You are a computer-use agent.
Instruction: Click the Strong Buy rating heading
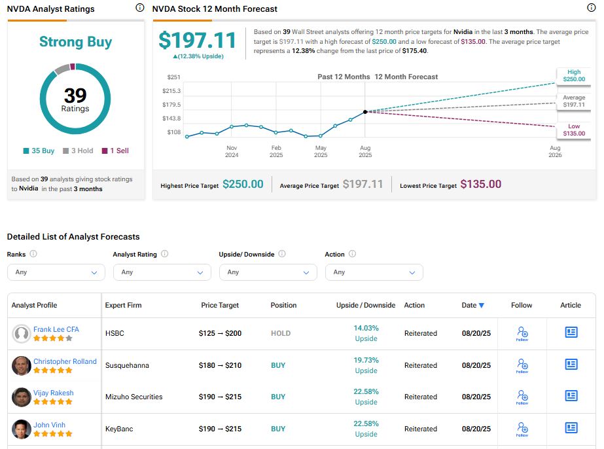(75, 42)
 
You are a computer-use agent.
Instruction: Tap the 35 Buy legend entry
(39, 151)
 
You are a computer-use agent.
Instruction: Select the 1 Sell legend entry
(115, 151)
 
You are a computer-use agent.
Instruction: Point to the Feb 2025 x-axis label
(276, 151)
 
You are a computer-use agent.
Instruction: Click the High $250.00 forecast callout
(573, 76)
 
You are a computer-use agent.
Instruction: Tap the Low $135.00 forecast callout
(573, 130)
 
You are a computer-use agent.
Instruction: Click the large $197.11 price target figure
(197, 41)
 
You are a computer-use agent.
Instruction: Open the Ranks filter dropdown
(56, 272)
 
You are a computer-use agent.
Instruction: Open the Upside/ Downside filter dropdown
(268, 272)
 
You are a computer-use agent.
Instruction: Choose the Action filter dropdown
(374, 272)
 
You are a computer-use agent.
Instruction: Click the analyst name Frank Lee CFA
(56, 329)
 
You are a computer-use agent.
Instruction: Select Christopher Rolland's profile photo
(22, 365)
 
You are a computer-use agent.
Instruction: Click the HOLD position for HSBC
(281, 333)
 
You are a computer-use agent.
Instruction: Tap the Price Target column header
(220, 305)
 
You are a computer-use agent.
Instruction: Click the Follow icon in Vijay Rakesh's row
(522, 397)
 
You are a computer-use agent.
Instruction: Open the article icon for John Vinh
(571, 428)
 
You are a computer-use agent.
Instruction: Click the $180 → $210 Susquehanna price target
(220, 365)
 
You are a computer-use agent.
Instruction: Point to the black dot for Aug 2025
(365, 112)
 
